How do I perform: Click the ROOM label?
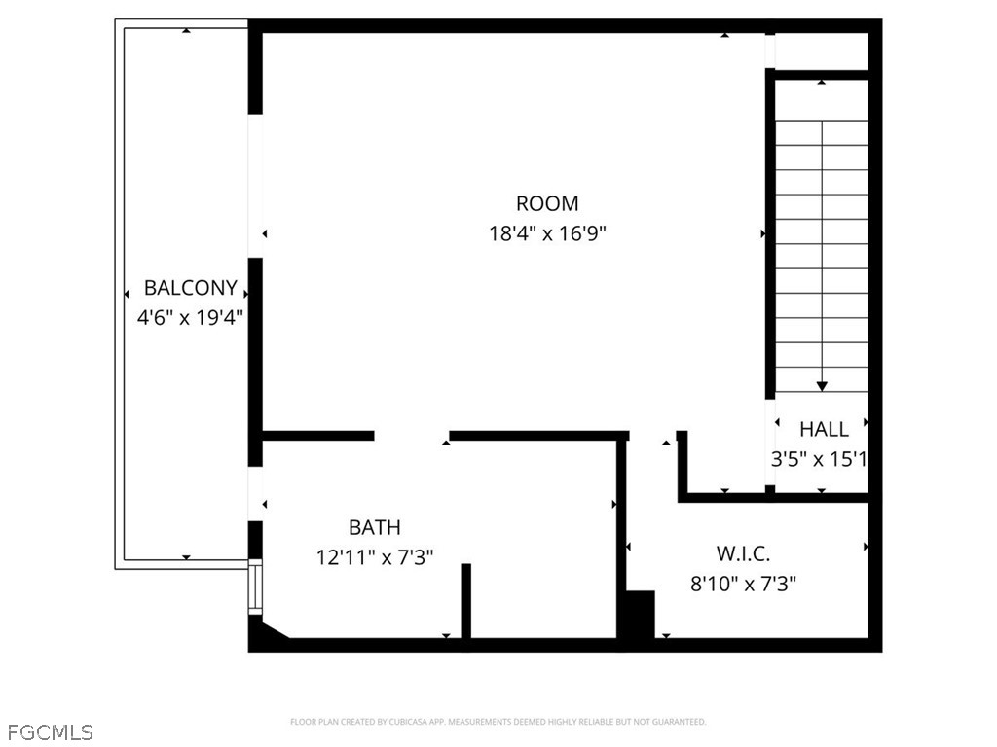point(547,203)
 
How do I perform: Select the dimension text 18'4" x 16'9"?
point(547,233)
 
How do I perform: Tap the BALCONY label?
point(190,288)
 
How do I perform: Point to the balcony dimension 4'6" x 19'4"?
point(190,317)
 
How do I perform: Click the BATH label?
point(375,527)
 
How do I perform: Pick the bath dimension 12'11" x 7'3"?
point(375,557)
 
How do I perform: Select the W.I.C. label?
point(743,553)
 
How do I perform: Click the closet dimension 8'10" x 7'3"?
point(743,584)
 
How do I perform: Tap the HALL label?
point(824,429)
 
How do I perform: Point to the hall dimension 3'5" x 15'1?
point(819,459)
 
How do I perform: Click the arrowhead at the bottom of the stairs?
point(822,386)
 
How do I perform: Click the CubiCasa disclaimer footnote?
point(498,722)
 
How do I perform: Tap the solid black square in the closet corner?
point(641,615)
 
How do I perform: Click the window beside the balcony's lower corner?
point(254,587)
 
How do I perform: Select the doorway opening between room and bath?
point(412,436)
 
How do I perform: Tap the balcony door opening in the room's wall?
point(255,186)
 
